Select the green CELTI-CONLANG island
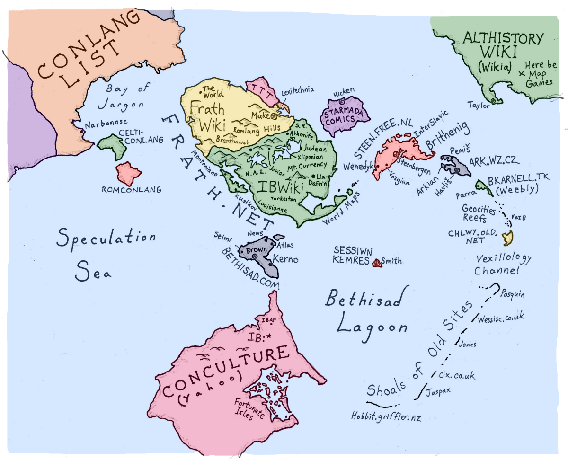(x=113, y=145)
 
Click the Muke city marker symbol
(x=274, y=115)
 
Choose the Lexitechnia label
(x=298, y=91)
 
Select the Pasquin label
(x=513, y=294)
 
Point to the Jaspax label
(x=438, y=392)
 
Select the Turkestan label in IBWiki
(x=284, y=199)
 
